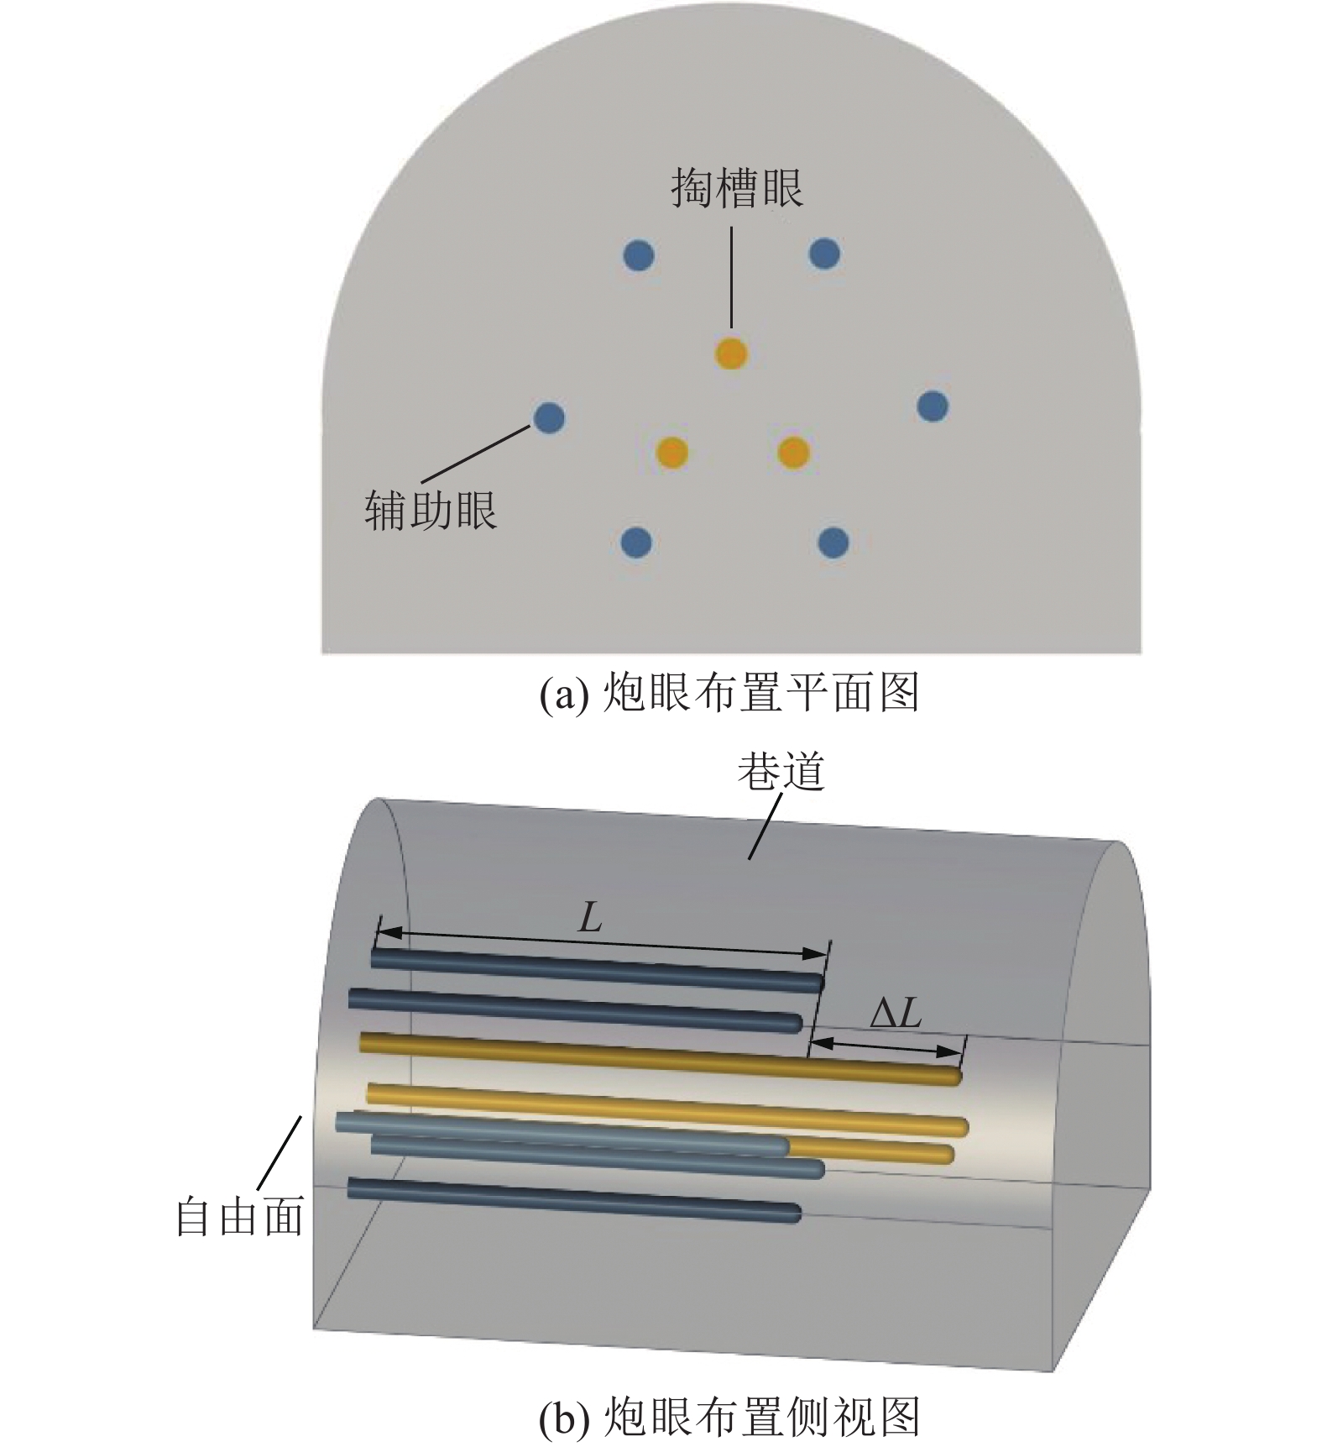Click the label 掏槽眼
[x=736, y=188]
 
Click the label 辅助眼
[x=431, y=510]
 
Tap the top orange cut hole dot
[x=731, y=354]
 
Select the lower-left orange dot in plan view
[x=671, y=453]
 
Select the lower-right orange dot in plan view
[x=793, y=453]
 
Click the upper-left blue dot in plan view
[x=640, y=254]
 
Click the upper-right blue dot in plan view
[x=824, y=253]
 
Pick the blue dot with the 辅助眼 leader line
[x=549, y=417]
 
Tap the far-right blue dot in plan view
[x=933, y=406]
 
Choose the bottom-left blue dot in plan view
[x=635, y=543]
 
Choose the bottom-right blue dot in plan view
[x=833, y=543]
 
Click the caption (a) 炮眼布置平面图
[x=728, y=694]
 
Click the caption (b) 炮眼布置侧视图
[x=728, y=1416]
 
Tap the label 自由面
[x=239, y=1216]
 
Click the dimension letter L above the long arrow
[x=591, y=919]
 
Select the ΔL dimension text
[x=896, y=1015]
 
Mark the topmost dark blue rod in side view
[x=597, y=969]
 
